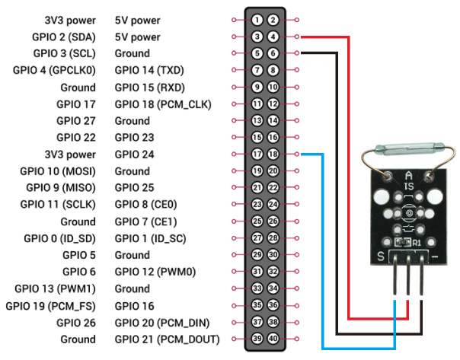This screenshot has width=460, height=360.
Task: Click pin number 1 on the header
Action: pos(258,19)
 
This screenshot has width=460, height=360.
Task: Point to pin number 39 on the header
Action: pos(258,339)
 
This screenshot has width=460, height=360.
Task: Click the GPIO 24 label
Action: pos(136,154)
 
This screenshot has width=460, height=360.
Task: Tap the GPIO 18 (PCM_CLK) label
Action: pos(162,104)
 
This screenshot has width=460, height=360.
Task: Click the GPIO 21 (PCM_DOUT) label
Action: pos(167,339)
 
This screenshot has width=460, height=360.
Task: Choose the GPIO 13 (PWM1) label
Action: pos(56,288)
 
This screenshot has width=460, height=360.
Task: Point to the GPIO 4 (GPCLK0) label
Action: pos(55,70)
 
